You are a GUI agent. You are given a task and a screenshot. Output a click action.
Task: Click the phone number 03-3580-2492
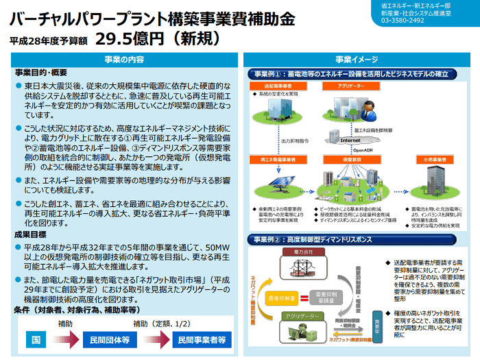[403, 21]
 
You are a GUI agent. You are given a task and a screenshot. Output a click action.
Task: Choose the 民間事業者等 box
[201, 339]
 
